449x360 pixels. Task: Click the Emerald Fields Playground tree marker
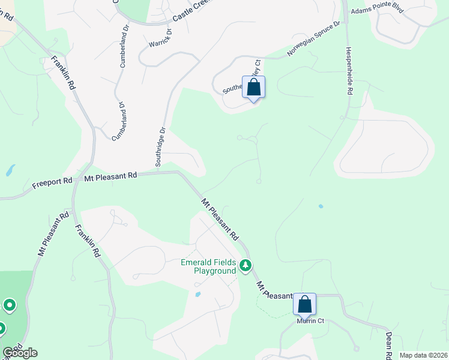click(245, 265)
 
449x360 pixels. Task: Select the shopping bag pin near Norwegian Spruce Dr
click(254, 87)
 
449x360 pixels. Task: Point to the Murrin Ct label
click(311, 321)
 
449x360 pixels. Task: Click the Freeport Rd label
click(52, 180)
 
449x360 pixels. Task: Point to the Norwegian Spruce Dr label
click(313, 39)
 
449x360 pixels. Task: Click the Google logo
click(20, 353)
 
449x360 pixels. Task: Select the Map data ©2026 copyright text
click(423, 355)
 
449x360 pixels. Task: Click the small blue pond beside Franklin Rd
click(10, 170)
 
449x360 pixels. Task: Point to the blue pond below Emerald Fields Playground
click(197, 294)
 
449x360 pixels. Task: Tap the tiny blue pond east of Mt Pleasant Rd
click(321, 206)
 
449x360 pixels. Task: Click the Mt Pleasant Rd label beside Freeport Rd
click(111, 176)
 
